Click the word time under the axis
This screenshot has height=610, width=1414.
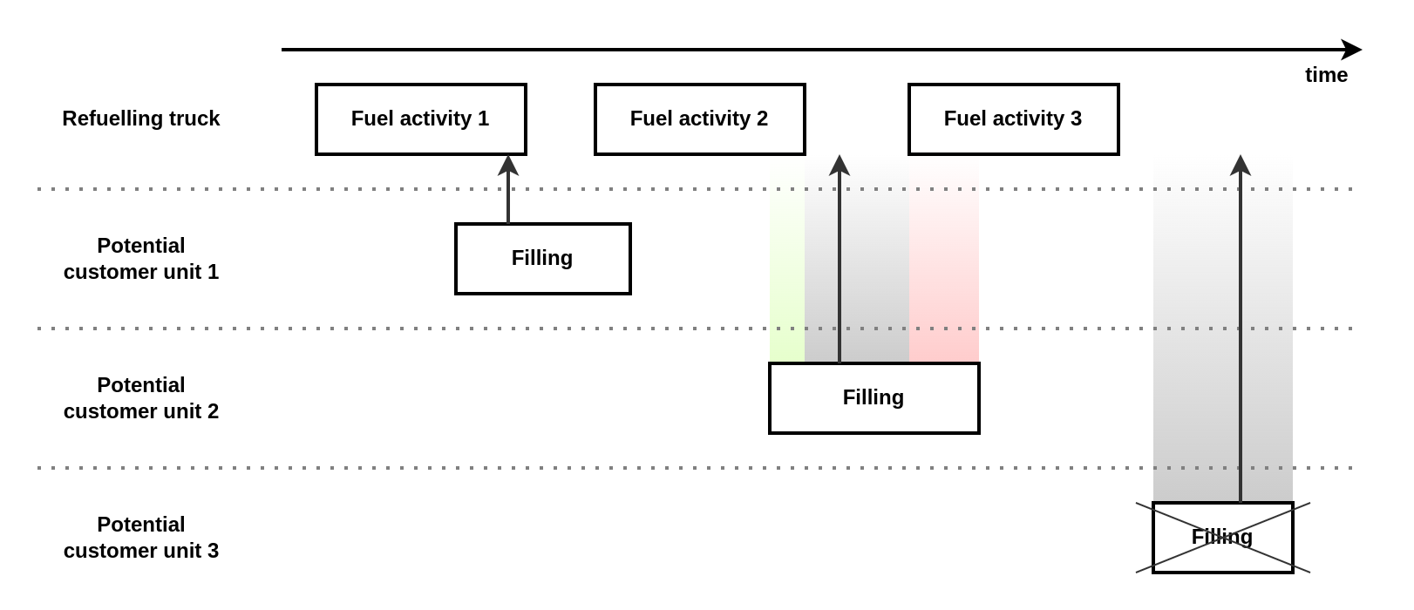1326,75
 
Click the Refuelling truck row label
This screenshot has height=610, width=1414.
140,119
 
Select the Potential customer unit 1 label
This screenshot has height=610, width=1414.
140,259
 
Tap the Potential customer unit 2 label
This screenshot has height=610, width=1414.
140,398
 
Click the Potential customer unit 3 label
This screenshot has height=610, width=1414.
140,538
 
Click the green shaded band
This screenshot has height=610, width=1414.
787,261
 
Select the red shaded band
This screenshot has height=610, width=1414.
944,261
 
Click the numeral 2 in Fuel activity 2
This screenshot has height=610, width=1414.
762,119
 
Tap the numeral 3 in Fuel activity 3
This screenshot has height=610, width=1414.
1076,119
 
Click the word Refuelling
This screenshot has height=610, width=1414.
111,119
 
